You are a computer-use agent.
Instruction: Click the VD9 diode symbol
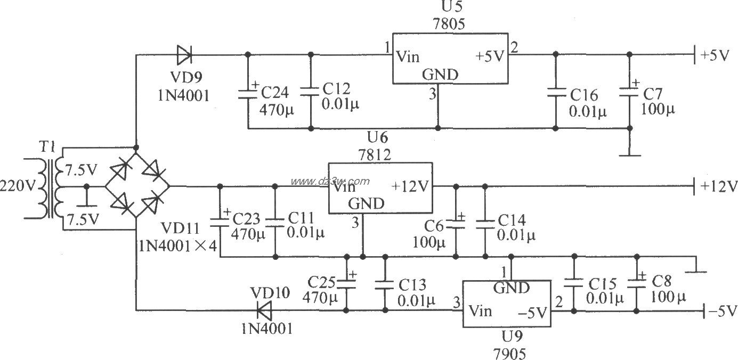point(184,54)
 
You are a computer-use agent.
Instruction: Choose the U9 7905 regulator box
point(507,304)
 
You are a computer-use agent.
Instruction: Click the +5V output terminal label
point(715,55)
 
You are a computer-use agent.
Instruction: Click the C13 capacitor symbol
point(385,284)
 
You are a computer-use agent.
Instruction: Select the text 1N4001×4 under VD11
point(178,246)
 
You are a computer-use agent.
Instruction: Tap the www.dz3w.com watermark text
point(330,181)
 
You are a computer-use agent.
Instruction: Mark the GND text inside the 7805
point(440,75)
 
